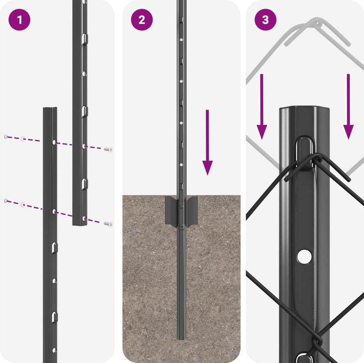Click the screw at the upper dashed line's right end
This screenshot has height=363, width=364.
tap(108, 150)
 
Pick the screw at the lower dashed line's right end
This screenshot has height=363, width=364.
tap(107, 223)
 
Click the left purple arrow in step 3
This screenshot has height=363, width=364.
tap(261, 106)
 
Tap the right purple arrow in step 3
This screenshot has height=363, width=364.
tap(348, 106)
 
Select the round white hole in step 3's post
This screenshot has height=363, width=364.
tap(304, 257)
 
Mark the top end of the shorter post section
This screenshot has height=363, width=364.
tap(50, 109)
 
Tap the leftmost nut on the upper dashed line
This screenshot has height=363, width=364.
tap(6, 137)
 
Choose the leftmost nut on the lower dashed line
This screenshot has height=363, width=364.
tap(6, 201)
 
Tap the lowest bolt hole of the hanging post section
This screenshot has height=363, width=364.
tap(84, 218)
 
